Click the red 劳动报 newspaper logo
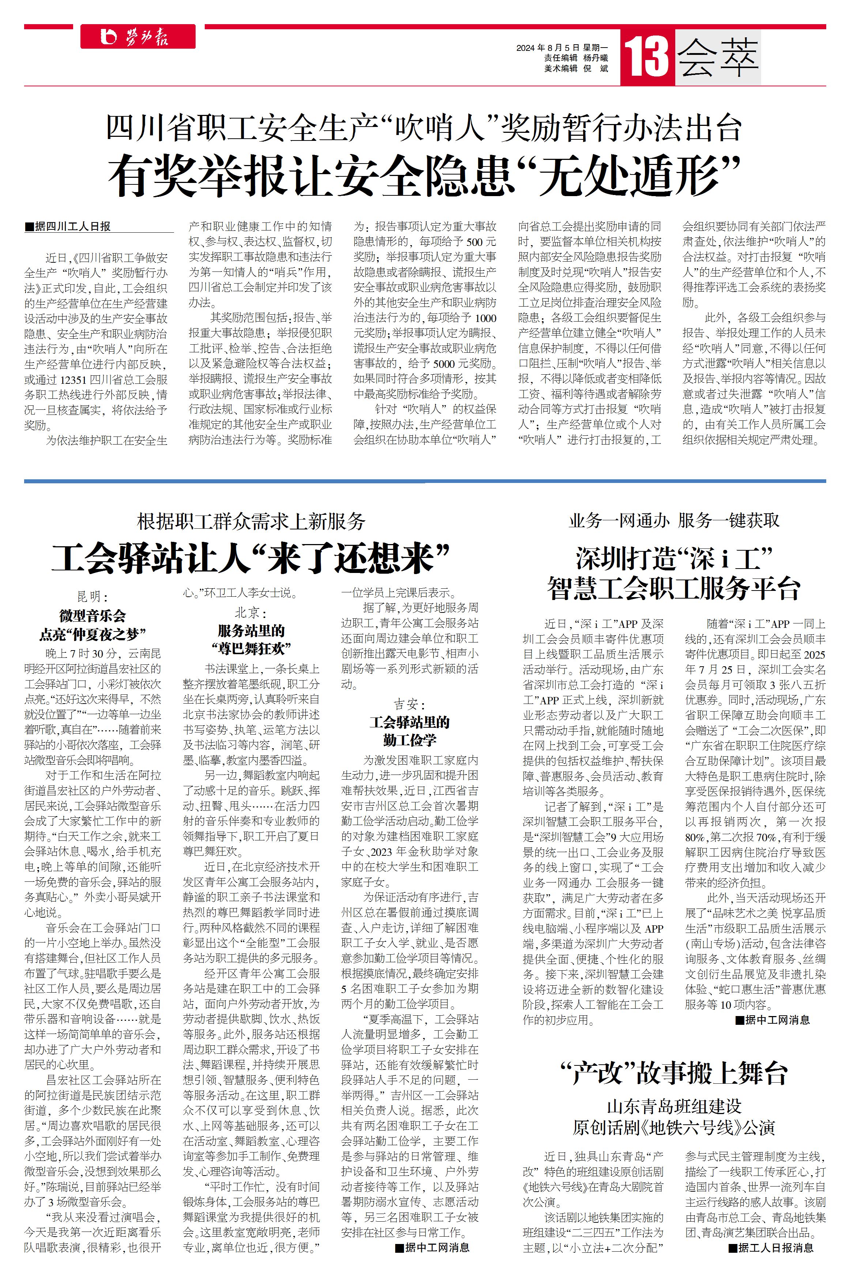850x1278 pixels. point(138,37)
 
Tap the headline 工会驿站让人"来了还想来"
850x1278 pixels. point(251,558)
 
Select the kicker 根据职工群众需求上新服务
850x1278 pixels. point(251,521)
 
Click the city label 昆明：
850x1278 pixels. point(93,597)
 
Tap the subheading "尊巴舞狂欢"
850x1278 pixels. point(251,648)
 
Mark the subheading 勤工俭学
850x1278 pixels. point(409,740)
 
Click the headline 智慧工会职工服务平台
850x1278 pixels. point(673,589)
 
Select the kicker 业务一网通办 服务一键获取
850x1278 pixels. point(673,521)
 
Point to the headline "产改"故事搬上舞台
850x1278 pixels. point(673,1073)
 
